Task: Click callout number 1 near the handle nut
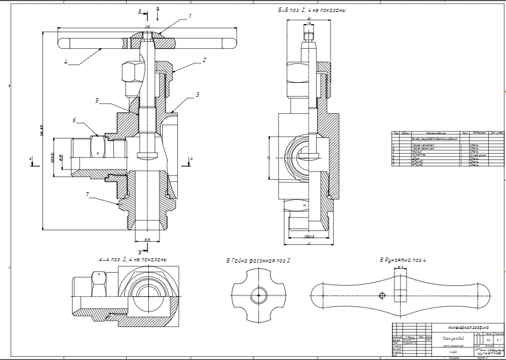pos(189,17)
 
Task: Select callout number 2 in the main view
pos(205,60)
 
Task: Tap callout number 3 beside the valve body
pos(198,94)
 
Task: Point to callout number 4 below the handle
pos(66,62)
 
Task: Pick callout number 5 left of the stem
pos(98,100)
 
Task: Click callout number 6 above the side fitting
pos(74,120)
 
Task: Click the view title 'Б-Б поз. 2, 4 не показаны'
pos(313,11)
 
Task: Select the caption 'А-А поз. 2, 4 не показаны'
pos(133,259)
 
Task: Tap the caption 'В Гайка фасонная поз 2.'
pos(259,260)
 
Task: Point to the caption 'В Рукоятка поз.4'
pos(403,259)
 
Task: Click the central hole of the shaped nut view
pos(259,295)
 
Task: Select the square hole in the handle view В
pos(399,294)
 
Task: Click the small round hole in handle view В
pos(381,295)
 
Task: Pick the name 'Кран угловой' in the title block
pos(452,339)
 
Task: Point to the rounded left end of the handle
pos(62,44)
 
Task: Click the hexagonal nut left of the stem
pos(130,71)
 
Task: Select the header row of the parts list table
pos(448,133)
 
